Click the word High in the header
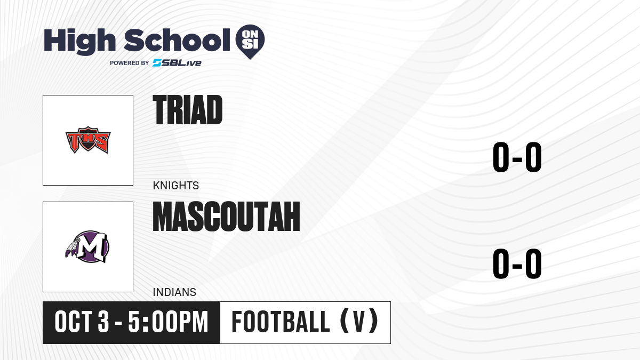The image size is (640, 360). (x=79, y=41)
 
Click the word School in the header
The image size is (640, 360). (x=177, y=41)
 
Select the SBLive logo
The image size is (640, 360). (x=177, y=63)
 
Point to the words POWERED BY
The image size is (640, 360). (x=130, y=63)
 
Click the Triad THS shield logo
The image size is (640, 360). (x=88, y=140)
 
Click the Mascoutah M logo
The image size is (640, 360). (x=87, y=246)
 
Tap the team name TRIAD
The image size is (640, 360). (x=187, y=110)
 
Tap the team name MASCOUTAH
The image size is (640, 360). (x=226, y=217)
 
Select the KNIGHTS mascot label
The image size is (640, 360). (x=175, y=186)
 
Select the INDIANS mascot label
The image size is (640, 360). (x=174, y=292)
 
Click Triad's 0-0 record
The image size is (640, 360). (x=517, y=157)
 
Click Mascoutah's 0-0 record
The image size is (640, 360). (x=517, y=263)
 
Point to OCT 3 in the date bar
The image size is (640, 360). (x=82, y=322)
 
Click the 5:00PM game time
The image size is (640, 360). (x=168, y=322)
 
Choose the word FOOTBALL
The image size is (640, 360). (x=281, y=322)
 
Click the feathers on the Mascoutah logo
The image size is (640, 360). (x=72, y=248)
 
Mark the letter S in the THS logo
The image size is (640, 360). (x=101, y=141)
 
